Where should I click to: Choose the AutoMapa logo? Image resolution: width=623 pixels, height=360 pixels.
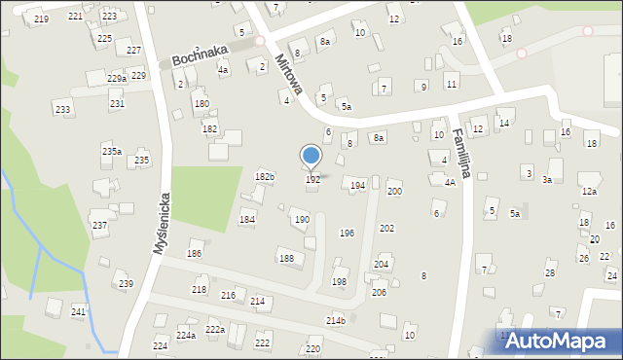click(558, 341)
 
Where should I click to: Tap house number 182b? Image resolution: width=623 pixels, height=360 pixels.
click(264, 176)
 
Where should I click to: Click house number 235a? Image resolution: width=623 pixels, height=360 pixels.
click(112, 151)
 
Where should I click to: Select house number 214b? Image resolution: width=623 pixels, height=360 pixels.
click(336, 320)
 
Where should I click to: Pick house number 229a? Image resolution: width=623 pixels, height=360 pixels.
click(117, 78)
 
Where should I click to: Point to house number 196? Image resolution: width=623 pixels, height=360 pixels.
click(346, 234)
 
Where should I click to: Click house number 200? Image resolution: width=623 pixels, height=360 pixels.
click(394, 192)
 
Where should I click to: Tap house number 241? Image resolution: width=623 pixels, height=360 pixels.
click(78, 311)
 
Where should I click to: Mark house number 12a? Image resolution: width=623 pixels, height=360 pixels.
click(589, 192)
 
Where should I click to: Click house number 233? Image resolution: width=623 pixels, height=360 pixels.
click(62, 110)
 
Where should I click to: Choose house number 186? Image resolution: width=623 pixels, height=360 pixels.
click(195, 253)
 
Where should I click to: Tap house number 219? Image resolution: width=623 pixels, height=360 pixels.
click(40, 19)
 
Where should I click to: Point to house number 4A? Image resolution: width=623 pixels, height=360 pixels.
click(450, 182)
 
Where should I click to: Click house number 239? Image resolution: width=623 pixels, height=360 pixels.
click(126, 283)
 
